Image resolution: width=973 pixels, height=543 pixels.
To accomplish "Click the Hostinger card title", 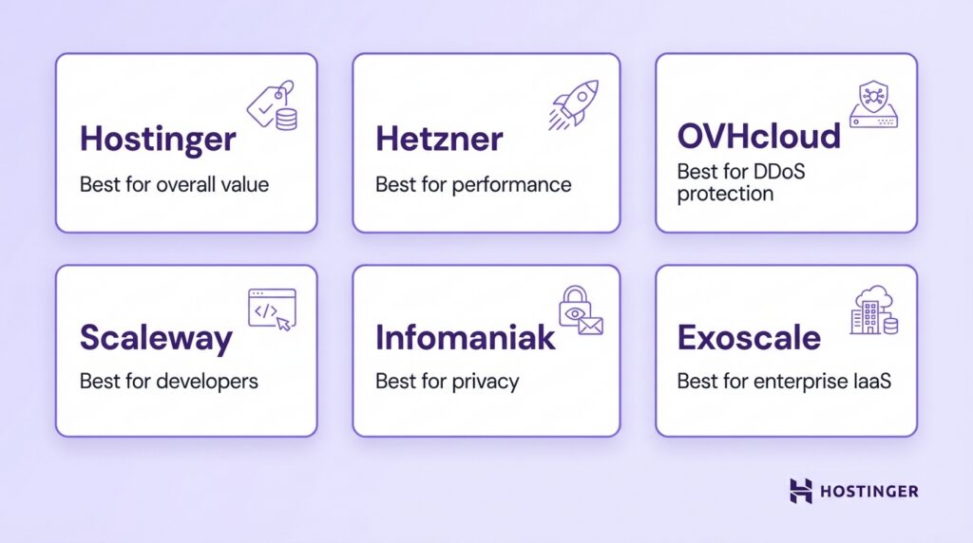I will click(157, 139).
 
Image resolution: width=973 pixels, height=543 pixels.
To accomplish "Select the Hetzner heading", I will click(439, 139).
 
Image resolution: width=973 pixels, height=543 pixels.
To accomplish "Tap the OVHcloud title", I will click(758, 136).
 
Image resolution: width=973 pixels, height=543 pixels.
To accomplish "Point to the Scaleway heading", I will click(156, 338).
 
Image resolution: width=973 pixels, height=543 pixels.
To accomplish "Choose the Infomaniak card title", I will click(465, 338).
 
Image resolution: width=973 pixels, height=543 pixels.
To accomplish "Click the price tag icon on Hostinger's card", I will click(272, 106).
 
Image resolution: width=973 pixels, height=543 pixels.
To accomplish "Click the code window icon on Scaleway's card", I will click(272, 309).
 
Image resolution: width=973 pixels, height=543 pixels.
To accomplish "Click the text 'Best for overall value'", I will click(174, 184).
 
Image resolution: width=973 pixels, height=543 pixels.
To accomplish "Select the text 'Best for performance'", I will click(473, 184).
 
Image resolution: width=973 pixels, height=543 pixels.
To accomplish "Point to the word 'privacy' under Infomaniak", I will click(486, 382).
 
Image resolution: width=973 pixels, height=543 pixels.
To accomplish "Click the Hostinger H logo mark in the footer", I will click(801, 491).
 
